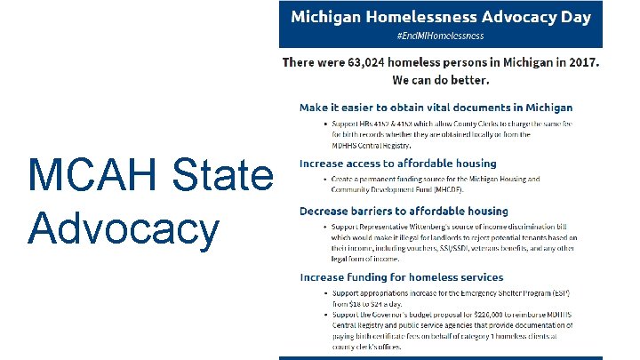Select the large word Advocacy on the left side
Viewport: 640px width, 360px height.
click(x=123, y=228)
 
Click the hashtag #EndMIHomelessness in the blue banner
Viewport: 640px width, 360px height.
click(x=440, y=36)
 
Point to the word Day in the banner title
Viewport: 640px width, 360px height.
click(x=573, y=17)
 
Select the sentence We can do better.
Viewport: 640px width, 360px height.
click(x=441, y=80)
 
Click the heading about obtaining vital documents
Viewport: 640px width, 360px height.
click(x=435, y=107)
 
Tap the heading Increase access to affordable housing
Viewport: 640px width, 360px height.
click(x=397, y=164)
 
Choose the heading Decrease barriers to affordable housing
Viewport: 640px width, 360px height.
click(x=404, y=211)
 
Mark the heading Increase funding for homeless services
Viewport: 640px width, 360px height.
click(x=401, y=277)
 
